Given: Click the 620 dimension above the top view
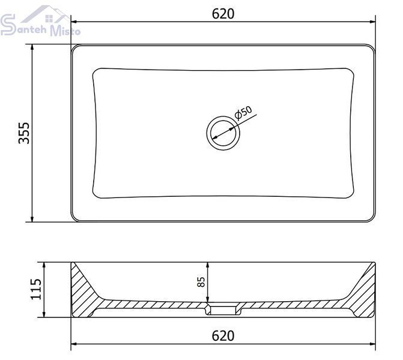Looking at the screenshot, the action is pos(223,14).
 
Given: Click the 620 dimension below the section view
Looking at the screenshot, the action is pos(223,335).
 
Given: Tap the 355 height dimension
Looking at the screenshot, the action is pos(25,133).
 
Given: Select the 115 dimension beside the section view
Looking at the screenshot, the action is pos(35,289).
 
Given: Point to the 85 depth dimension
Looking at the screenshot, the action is pos(202,281).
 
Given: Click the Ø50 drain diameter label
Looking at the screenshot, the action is pos(243,113).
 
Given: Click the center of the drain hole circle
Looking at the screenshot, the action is pos(223,133).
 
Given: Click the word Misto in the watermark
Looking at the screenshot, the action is pos(65,30).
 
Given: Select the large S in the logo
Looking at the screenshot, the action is pos(8,25).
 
